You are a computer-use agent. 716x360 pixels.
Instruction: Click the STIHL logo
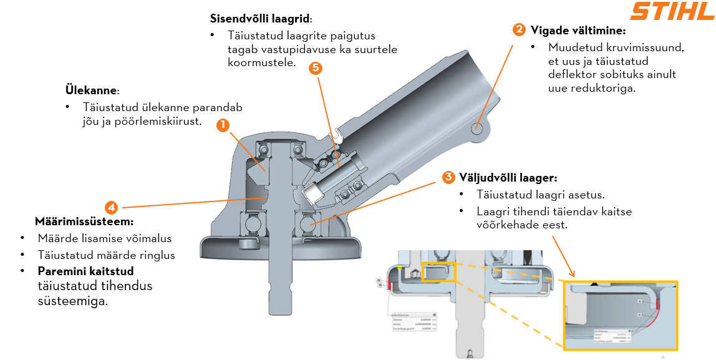coord(671,12)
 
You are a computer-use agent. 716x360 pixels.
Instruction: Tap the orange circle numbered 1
coord(223,125)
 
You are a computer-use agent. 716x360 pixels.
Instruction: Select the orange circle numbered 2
coord(519,29)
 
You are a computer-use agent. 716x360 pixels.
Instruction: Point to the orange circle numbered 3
coord(448,177)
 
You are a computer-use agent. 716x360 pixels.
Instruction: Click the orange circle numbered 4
coord(111,207)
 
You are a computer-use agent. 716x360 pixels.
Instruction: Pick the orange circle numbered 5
coord(316,68)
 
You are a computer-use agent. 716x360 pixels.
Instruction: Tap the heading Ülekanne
coord(90,90)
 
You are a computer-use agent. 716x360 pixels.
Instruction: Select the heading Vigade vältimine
coord(578,30)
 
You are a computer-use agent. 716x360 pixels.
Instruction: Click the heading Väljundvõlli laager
coord(508,177)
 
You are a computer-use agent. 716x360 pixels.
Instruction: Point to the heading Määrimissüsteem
coord(84,222)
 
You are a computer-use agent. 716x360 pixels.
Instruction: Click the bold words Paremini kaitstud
coord(85,271)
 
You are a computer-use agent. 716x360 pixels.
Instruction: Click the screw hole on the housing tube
coord(477,128)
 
